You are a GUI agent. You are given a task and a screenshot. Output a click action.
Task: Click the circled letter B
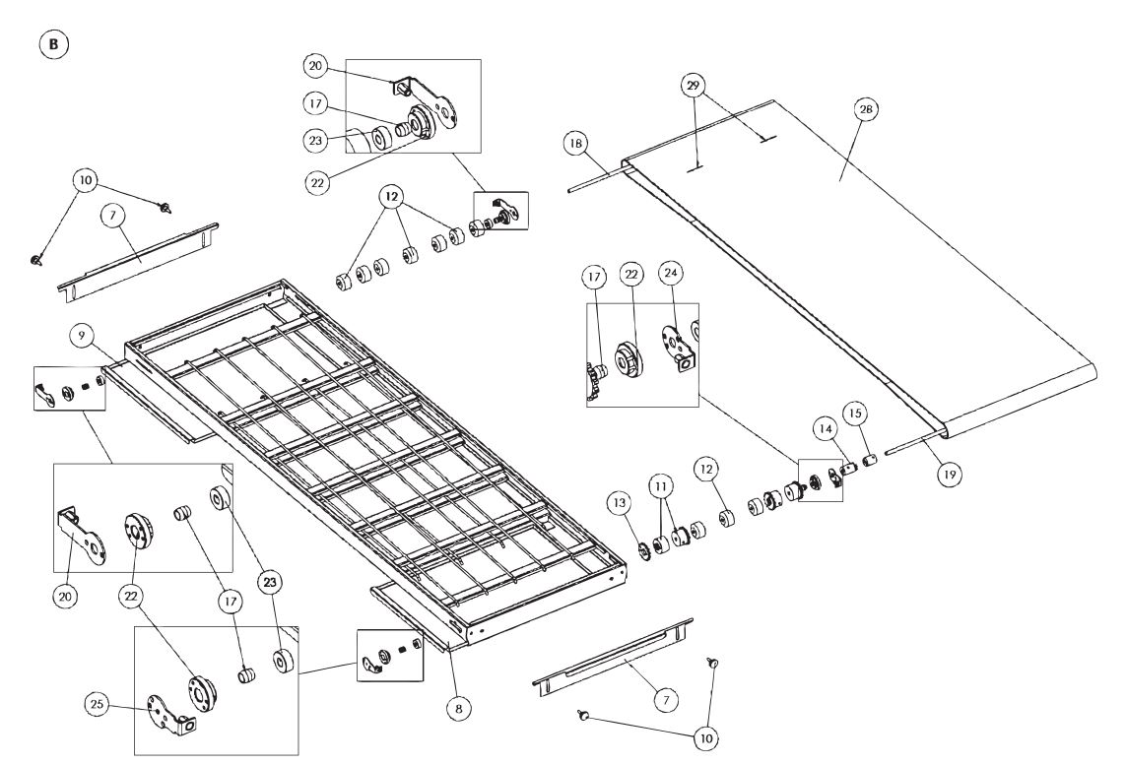click(52, 45)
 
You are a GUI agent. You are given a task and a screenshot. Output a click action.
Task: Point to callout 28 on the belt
click(865, 110)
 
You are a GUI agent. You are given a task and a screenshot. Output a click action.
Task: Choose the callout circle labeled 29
click(695, 86)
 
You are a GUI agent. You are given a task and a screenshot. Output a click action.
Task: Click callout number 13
click(619, 504)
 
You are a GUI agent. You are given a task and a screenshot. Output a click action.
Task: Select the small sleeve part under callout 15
click(870, 459)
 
